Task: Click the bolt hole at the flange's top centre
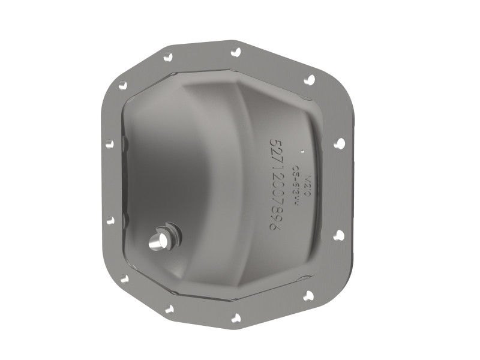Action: [236, 52]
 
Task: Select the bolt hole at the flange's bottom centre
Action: [236, 318]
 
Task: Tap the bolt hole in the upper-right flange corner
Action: [309, 80]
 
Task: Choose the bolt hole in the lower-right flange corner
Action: [308, 295]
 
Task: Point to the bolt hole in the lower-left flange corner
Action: [124, 279]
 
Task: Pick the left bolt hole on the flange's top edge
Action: [169, 58]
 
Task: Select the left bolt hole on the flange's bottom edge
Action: [169, 309]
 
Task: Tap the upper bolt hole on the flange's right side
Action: [339, 143]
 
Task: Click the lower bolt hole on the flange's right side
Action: [338, 235]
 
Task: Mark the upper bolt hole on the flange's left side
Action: [109, 144]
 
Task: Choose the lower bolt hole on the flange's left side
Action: [110, 220]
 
